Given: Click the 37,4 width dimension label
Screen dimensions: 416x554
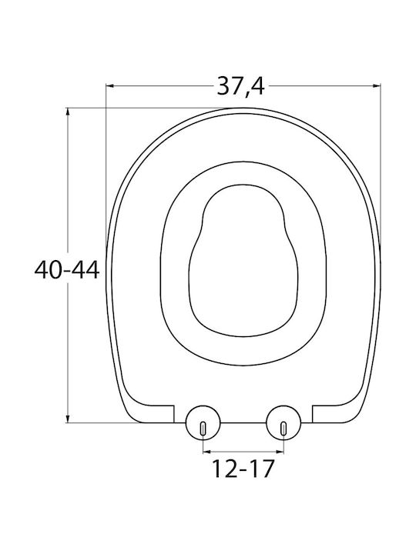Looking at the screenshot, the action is click(240, 86).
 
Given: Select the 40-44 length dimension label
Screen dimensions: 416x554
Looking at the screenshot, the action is click(67, 270).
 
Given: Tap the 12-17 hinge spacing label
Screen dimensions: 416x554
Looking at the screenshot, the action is click(243, 469).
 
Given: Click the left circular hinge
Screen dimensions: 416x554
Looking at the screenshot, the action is click(203, 422).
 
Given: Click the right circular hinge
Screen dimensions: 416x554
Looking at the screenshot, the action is click(283, 422).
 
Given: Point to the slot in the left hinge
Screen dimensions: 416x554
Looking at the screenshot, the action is click(203, 428).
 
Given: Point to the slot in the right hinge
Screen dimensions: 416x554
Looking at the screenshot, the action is click(283, 428).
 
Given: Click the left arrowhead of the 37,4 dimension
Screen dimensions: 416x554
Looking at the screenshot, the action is click(109, 85).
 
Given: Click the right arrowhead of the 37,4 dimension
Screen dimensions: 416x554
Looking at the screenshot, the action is click(377, 85).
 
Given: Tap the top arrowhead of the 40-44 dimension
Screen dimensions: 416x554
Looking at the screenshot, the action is click(68, 112).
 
